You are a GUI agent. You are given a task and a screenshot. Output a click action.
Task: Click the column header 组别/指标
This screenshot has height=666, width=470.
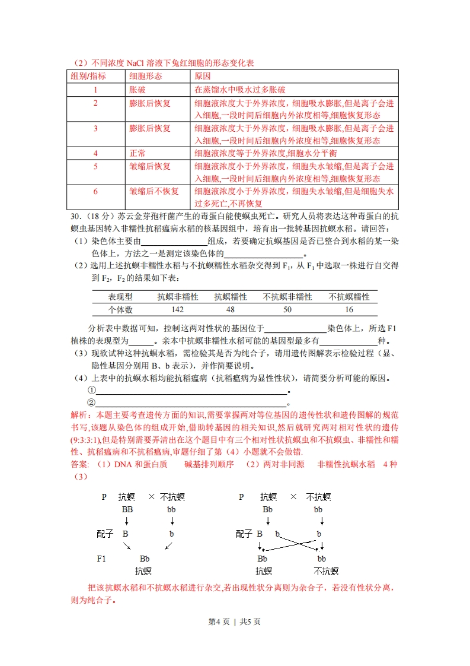pyautogui.click(x=89, y=76)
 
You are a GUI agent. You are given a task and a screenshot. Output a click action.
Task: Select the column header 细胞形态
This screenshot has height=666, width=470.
pyautogui.click(x=146, y=76)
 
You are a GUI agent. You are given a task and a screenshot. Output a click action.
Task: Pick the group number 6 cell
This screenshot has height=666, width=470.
pyautogui.click(x=95, y=191)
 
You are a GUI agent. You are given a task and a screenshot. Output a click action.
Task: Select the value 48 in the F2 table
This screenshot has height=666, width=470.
pyautogui.click(x=231, y=310)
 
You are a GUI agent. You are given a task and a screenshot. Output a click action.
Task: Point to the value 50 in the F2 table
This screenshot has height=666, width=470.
pyautogui.click(x=287, y=310)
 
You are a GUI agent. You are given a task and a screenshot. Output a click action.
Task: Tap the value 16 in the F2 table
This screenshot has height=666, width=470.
pyautogui.click(x=348, y=310)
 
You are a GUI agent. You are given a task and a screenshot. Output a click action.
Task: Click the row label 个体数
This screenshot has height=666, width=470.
pyautogui.click(x=120, y=310)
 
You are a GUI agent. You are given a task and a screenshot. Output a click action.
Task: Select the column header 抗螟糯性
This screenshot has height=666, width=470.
pyautogui.click(x=231, y=297)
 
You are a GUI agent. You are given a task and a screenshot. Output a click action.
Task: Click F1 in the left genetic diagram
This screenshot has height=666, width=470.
pyautogui.click(x=101, y=559)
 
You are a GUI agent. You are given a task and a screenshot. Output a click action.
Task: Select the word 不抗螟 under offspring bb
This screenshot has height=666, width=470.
pyautogui.click(x=326, y=571)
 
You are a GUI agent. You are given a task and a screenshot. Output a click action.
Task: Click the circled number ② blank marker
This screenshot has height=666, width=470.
pyautogui.click(x=91, y=402)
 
